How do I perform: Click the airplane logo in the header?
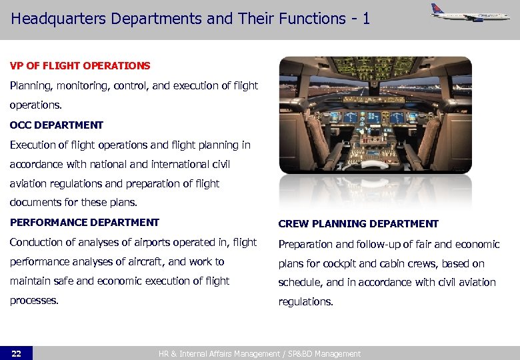coord(469,13)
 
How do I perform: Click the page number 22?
coord(16,353)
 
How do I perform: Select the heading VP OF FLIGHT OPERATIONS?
coord(80,66)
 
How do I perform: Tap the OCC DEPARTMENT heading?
coord(57,125)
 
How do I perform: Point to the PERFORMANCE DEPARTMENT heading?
coord(85,223)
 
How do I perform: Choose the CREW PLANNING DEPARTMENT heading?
coord(358,224)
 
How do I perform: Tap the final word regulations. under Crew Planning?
coord(305,302)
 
